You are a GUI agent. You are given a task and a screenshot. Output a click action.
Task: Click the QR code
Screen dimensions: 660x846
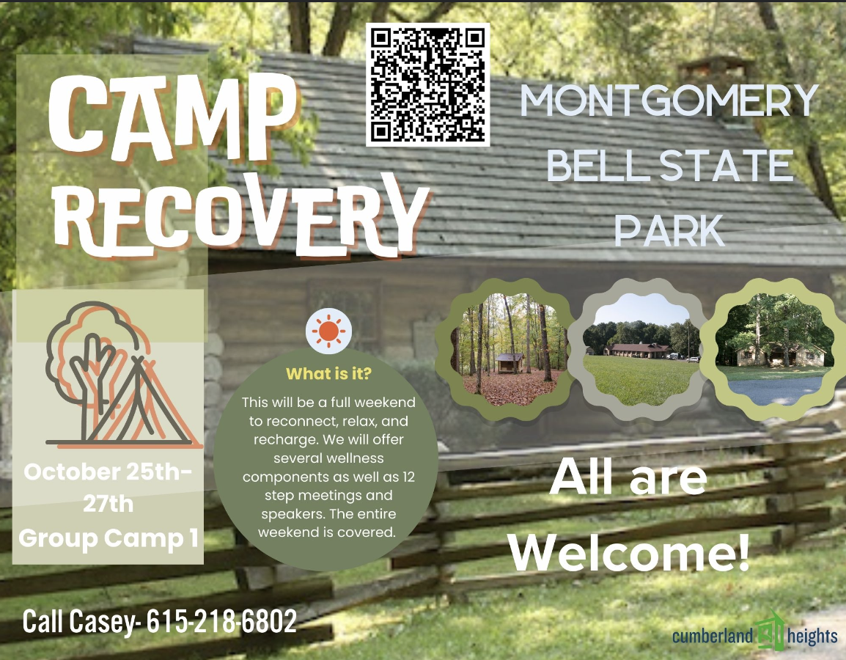pyautogui.click(x=428, y=84)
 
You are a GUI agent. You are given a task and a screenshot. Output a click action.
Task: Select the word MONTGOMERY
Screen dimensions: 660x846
pyautogui.click(x=669, y=101)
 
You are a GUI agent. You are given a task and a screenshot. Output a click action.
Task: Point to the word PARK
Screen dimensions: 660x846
pyautogui.click(x=669, y=230)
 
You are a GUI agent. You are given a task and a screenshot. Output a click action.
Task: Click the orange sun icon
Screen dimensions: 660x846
pyautogui.click(x=328, y=331)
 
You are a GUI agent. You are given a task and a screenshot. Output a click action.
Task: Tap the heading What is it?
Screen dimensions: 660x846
pyautogui.click(x=328, y=374)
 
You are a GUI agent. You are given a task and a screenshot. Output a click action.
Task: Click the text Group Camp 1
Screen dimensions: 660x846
pyautogui.click(x=108, y=538)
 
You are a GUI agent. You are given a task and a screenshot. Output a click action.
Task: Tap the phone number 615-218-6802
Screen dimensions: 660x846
pyautogui.click(x=221, y=622)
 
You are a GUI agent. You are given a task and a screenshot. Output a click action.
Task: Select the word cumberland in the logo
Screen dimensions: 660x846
pyautogui.click(x=713, y=636)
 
